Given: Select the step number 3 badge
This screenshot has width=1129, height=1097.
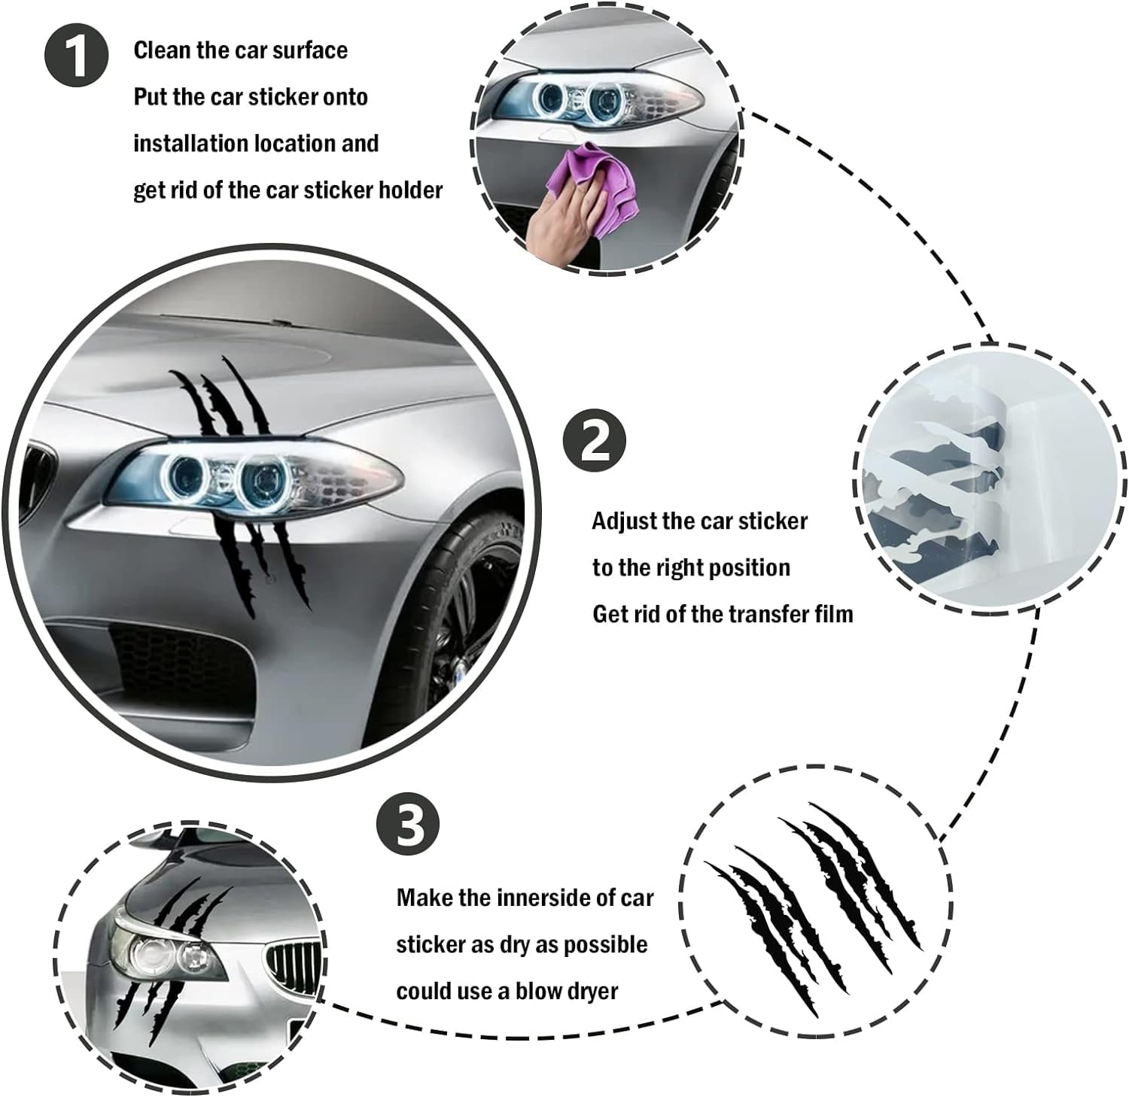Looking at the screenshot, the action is (x=406, y=824).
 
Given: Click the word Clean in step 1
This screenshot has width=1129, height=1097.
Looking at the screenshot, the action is (x=163, y=50).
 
